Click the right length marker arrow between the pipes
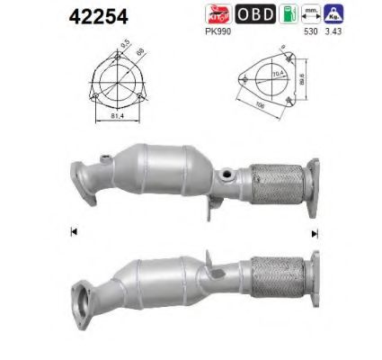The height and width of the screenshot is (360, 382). (315, 232)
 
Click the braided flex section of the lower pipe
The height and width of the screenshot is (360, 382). (279, 283)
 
